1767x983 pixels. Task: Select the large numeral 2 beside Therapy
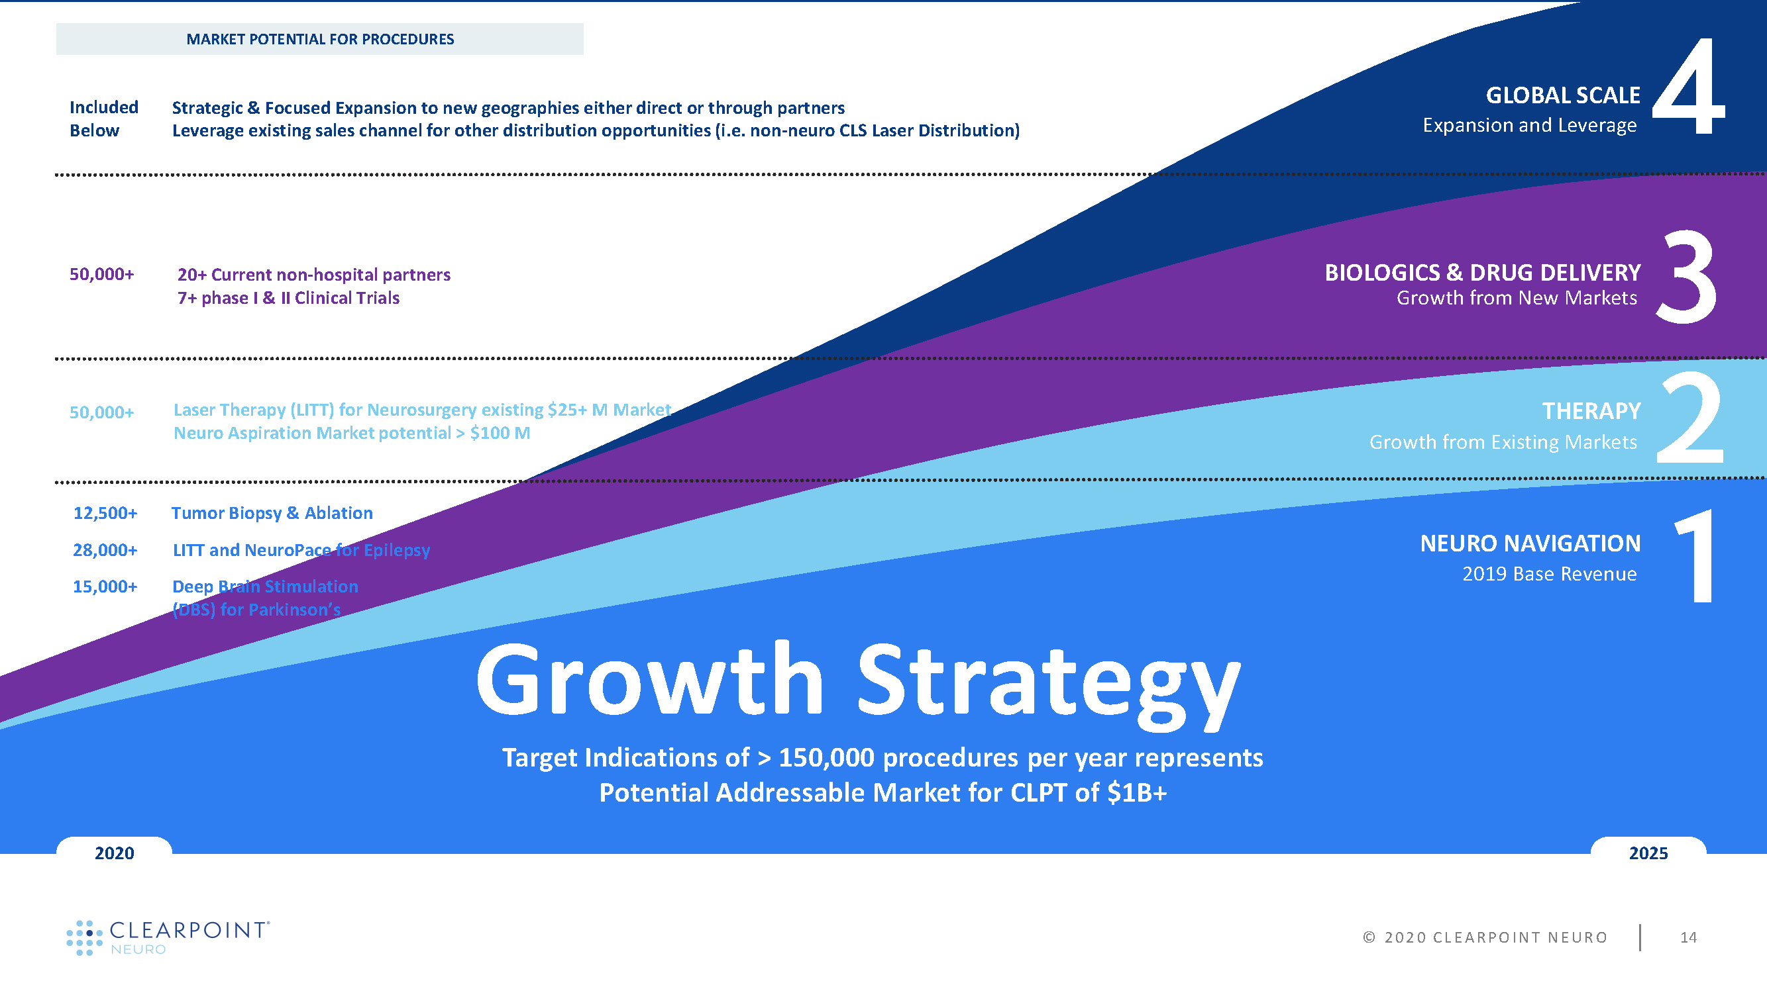(x=1689, y=418)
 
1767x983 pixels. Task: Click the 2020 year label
(x=114, y=853)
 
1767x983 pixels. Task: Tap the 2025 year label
(x=1648, y=853)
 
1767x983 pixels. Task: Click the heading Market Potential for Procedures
(x=319, y=39)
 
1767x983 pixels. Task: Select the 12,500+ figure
(x=105, y=513)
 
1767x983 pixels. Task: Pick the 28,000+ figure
(x=105, y=550)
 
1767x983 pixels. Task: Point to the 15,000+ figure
(x=105, y=586)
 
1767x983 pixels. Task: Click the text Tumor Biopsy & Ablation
(x=272, y=513)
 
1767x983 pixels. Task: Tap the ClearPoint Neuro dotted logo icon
(x=83, y=937)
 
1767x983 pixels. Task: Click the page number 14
(x=1688, y=937)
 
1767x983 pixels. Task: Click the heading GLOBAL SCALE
(x=1562, y=95)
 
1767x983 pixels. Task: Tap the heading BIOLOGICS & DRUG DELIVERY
(x=1482, y=273)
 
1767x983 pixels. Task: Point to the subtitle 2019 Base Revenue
(x=1549, y=574)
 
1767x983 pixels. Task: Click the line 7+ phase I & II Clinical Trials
(x=288, y=298)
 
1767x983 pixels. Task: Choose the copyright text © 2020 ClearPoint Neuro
(x=1484, y=937)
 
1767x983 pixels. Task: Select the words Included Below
(x=103, y=118)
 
